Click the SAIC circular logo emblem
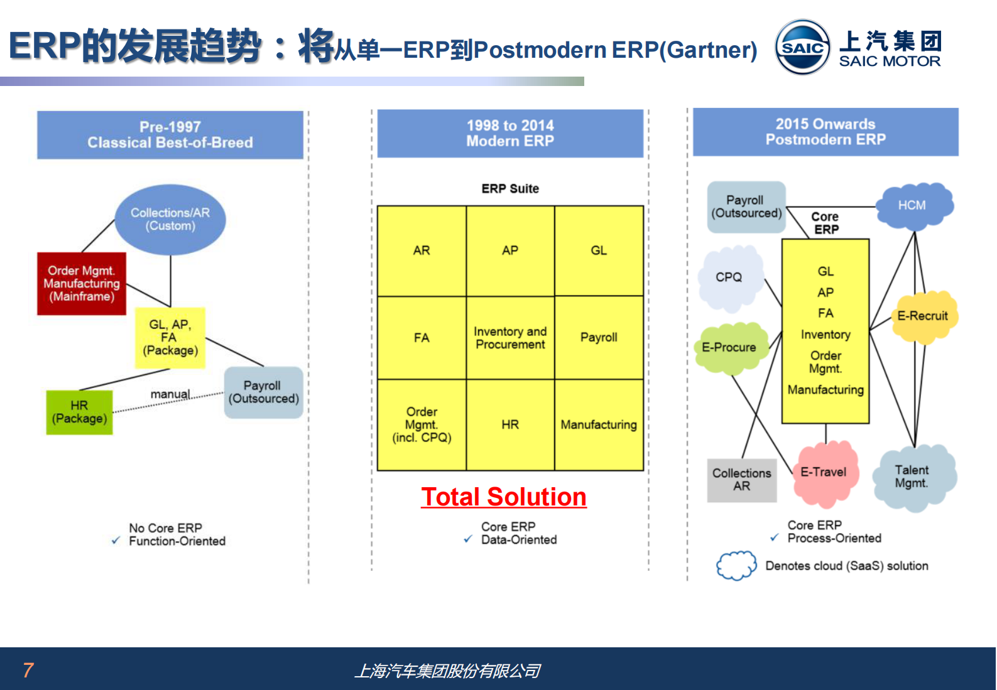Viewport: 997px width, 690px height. pos(802,47)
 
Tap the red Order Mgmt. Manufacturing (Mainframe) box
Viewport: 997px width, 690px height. pos(82,284)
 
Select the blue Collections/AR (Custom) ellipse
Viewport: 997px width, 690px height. pos(170,219)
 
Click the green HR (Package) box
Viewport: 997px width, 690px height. pos(79,412)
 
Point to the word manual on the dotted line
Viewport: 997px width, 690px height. pos(170,394)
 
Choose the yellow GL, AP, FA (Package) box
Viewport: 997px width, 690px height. pos(170,338)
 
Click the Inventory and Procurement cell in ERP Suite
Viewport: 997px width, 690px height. pos(510,338)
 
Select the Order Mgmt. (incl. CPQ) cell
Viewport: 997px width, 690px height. pos(422,425)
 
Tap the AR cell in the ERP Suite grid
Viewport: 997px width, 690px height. pos(422,251)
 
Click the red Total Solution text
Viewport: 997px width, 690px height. pos(504,497)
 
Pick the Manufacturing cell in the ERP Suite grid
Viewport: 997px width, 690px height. pos(599,425)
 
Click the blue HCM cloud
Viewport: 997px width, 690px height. pos(914,205)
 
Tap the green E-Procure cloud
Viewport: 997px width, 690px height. pos(730,348)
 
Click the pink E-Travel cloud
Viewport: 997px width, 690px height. pos(824,472)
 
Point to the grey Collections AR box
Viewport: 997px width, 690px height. pos(742,480)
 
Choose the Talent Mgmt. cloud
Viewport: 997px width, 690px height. pos(913,477)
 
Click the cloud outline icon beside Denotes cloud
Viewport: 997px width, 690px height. pos(736,566)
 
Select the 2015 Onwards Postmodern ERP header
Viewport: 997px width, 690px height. pos(825,132)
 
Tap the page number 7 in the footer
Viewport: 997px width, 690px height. pos(28,670)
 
